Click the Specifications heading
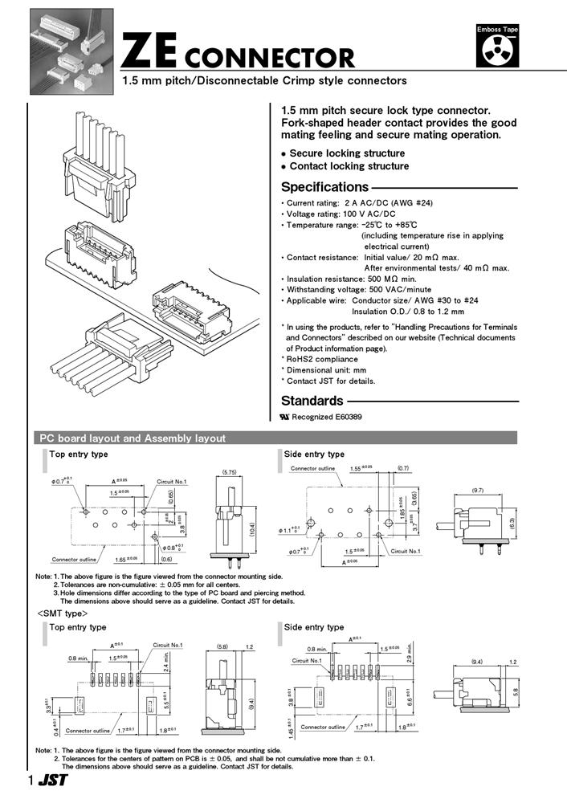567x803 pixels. pyautogui.click(x=324, y=188)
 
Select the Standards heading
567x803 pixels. pyautogui.click(x=312, y=401)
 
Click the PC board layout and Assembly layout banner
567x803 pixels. pyautogui.click(x=133, y=438)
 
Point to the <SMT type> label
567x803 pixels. pyautogui.click(x=60, y=613)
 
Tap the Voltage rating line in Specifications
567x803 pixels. pyautogui.click(x=341, y=214)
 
